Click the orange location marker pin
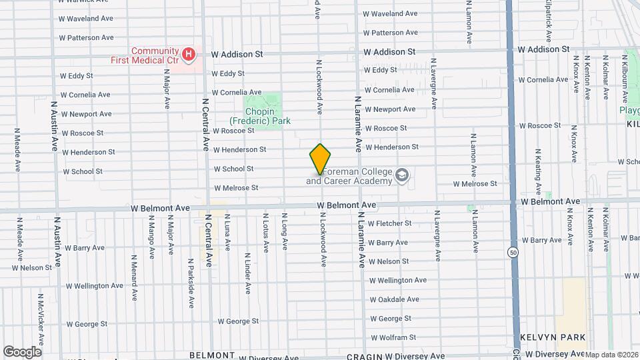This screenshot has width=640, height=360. tap(321, 159)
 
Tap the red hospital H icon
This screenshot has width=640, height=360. tap(189, 53)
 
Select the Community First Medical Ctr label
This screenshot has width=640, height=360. tap(155, 55)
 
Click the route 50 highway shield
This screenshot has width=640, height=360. tap(513, 253)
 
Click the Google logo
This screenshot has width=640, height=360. tap(22, 352)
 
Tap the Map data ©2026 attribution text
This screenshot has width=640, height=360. tap(611, 355)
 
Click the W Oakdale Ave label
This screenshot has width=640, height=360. tap(399, 299)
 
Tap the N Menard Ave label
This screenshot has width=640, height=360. tap(134, 274)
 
